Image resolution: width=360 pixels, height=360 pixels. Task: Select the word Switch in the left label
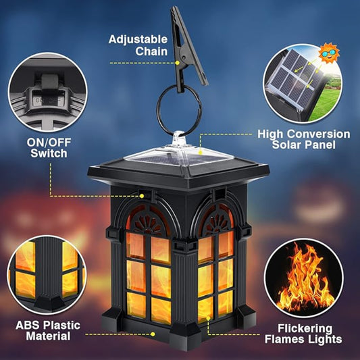(49, 153)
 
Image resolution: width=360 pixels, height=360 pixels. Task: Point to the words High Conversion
(304, 134)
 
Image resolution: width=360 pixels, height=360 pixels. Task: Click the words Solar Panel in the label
(304, 146)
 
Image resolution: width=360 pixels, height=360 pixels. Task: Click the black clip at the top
(182, 47)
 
